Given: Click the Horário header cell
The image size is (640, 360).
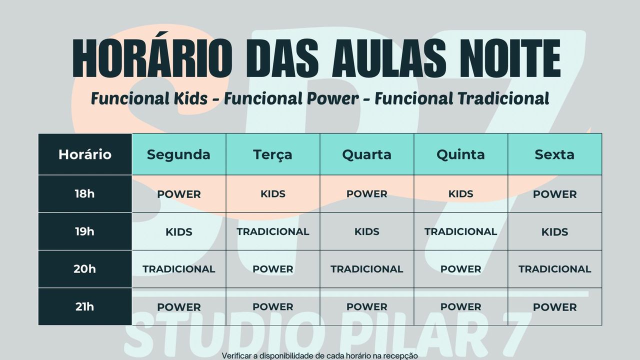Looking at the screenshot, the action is (85, 154).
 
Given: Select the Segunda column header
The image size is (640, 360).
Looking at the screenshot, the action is (179, 154).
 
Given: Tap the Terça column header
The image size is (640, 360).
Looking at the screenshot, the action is (273, 154).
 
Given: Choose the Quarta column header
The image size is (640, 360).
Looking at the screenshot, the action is (367, 154).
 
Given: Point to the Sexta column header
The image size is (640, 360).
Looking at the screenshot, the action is (555, 154).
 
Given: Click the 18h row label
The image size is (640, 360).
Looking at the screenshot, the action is (85, 193).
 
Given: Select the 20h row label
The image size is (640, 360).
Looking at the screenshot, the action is (85, 269).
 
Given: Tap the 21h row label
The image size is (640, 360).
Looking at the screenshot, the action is (85, 306).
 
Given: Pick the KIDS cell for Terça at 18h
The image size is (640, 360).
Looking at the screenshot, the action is (273, 193).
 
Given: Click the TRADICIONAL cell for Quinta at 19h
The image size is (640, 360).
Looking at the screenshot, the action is (461, 231).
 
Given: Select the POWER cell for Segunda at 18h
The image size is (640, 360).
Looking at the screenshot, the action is (179, 193).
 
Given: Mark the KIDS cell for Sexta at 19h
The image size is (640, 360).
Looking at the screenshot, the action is (555, 231).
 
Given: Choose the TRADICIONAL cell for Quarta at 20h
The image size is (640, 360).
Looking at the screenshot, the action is (367, 269).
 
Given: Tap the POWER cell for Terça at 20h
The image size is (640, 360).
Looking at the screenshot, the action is (273, 269).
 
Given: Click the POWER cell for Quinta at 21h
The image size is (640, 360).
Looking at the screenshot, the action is (461, 306).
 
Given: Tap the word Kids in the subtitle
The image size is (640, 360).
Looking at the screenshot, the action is (190, 98).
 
